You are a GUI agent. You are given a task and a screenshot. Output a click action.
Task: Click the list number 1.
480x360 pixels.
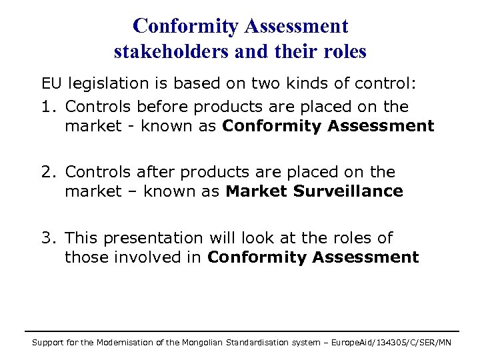(x=46, y=107)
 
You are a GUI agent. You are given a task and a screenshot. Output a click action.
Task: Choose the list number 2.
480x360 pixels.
(x=47, y=172)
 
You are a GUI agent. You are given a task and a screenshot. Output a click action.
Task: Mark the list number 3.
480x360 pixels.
(x=47, y=237)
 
